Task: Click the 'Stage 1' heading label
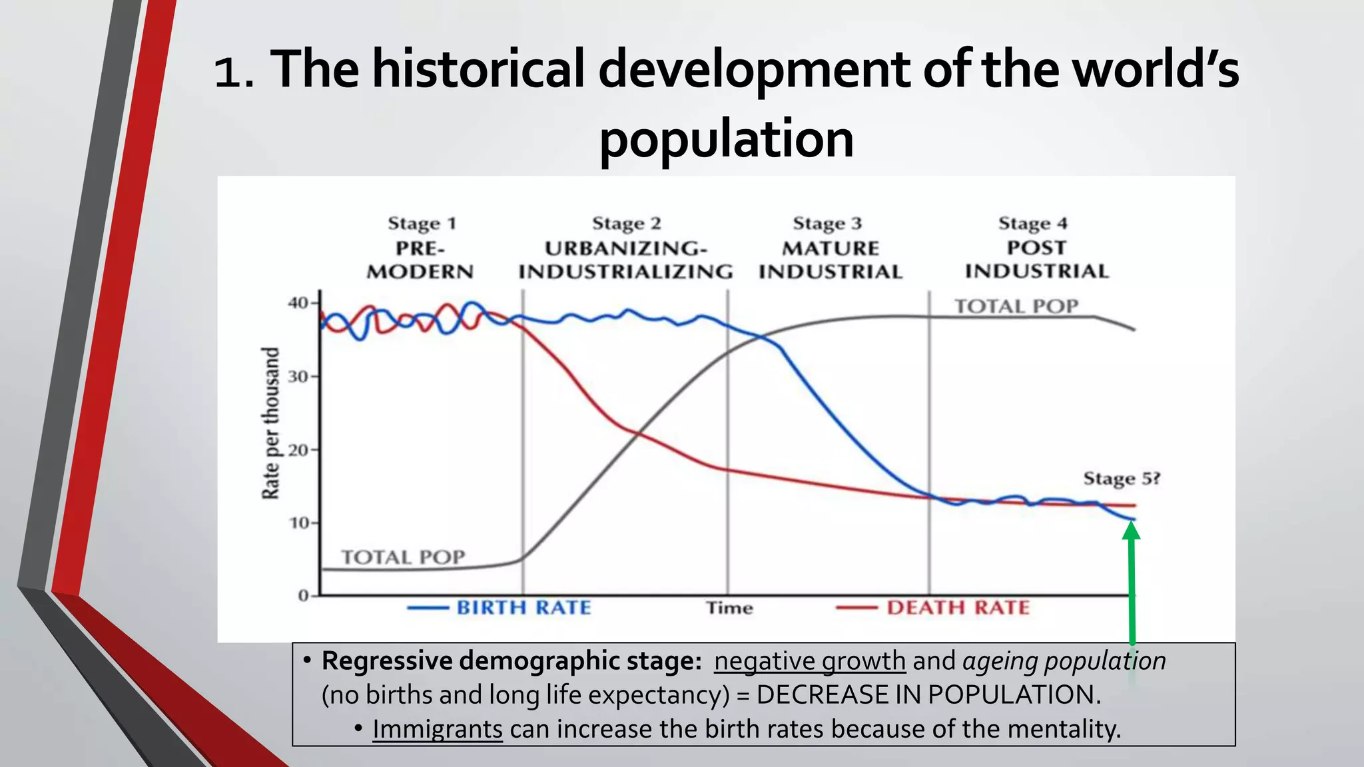click(x=422, y=224)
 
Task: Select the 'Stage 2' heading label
click(x=626, y=224)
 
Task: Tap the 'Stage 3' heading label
click(x=827, y=224)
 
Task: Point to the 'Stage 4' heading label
click(x=1032, y=224)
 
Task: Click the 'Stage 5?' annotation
click(x=1122, y=479)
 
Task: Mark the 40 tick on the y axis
click(x=299, y=303)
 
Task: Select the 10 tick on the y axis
click(x=299, y=523)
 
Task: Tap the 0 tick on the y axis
click(x=304, y=595)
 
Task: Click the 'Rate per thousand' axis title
click(x=270, y=423)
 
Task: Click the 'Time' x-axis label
click(x=729, y=608)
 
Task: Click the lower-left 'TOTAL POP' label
click(x=403, y=557)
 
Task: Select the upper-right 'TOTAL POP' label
click(x=1016, y=306)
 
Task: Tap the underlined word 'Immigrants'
click(x=437, y=729)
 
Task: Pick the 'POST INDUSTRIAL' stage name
click(x=1036, y=260)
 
